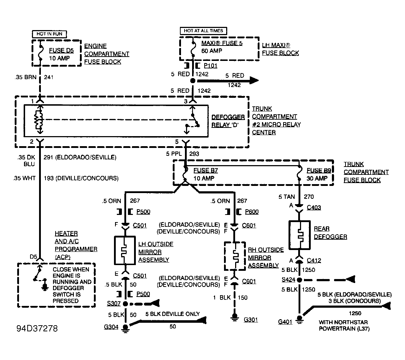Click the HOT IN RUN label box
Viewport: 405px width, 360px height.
coord(49,34)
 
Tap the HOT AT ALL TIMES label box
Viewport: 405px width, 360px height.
coord(203,31)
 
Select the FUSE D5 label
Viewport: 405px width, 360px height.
coord(61,50)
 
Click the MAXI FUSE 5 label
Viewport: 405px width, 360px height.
coord(222,43)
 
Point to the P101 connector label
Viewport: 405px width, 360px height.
coord(210,66)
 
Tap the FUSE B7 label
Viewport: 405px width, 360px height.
coord(206,170)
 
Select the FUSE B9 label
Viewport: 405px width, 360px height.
coord(319,170)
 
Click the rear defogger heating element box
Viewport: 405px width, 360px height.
coord(299,235)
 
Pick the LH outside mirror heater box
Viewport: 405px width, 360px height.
coord(125,250)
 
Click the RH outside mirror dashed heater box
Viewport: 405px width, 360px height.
coord(234,256)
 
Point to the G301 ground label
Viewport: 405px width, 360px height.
coord(251,320)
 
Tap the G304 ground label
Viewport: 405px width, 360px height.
coord(111,327)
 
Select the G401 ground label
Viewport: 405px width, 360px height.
coord(285,322)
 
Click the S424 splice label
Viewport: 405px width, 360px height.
coord(288,279)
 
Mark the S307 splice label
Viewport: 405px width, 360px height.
coord(114,303)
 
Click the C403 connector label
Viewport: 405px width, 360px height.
coord(314,207)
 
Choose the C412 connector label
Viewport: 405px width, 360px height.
coord(314,260)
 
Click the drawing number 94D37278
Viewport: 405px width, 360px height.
coord(37,328)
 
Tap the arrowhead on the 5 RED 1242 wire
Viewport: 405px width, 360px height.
coord(253,81)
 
